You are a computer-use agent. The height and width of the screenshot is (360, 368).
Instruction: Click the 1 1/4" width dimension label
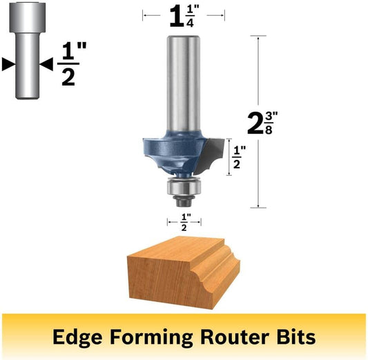184,16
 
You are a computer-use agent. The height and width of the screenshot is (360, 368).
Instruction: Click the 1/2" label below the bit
184,222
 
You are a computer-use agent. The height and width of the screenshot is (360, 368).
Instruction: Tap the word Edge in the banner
77,337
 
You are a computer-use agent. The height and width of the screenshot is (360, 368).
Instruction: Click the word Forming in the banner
151,337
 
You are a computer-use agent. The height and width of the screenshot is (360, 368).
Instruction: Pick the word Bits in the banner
296,337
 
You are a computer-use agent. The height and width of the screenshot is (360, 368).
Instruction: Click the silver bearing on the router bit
184,188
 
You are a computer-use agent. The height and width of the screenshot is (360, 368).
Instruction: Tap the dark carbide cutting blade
211,155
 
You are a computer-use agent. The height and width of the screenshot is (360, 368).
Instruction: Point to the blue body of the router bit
175,153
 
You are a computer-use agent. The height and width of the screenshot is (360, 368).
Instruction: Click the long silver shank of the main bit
184,83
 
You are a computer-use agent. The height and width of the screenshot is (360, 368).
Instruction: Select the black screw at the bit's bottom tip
184,201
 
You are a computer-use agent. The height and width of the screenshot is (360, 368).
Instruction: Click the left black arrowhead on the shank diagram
9,63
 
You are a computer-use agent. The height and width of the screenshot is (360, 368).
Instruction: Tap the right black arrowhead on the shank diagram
46,63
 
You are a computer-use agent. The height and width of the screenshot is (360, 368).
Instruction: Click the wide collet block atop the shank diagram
28,17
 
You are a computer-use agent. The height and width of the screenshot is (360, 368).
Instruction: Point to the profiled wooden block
184,272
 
